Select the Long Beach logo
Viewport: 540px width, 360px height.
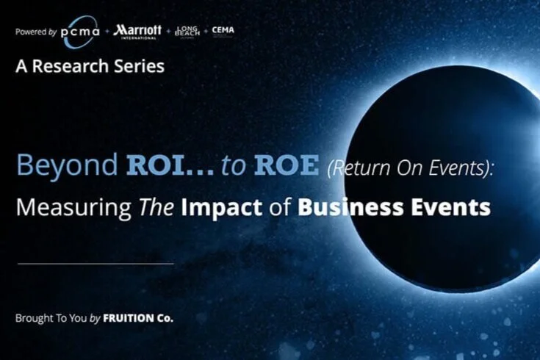coord(187,31)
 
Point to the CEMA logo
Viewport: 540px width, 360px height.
coord(223,30)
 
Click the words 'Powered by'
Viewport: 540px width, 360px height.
coord(35,32)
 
